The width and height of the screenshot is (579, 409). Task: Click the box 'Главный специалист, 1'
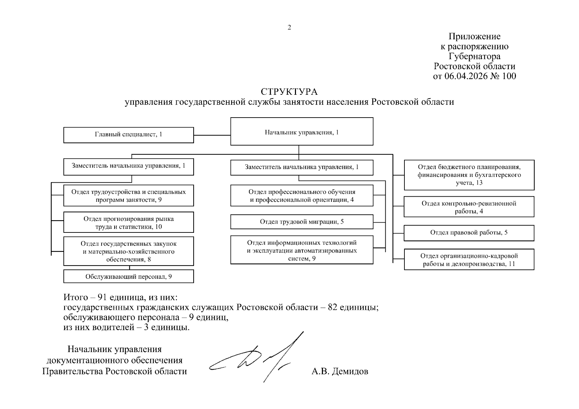point(129,135)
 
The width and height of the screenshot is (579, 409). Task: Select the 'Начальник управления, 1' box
point(302,132)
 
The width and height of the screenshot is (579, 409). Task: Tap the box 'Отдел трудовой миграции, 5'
point(302,222)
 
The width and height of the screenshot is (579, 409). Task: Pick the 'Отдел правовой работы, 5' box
point(469,233)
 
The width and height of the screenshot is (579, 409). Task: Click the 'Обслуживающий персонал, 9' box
point(129,276)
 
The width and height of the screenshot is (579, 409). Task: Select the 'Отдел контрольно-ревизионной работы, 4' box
point(469,207)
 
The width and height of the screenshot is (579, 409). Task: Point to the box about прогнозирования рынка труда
point(129,223)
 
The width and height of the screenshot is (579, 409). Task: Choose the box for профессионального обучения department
point(302,196)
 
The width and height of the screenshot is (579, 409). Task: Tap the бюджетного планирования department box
point(469,175)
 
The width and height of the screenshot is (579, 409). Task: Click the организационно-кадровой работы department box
point(469,260)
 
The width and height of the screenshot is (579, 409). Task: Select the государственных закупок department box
point(129,252)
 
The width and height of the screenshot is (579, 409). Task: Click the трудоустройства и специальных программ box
point(129,196)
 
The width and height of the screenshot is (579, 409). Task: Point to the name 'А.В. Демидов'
point(340,371)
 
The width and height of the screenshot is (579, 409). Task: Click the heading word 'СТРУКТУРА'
point(289,92)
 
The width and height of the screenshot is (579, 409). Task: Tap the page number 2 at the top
point(289,28)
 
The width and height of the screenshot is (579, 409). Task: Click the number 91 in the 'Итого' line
point(103,297)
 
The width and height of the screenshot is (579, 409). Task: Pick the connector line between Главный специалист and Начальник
point(212,135)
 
